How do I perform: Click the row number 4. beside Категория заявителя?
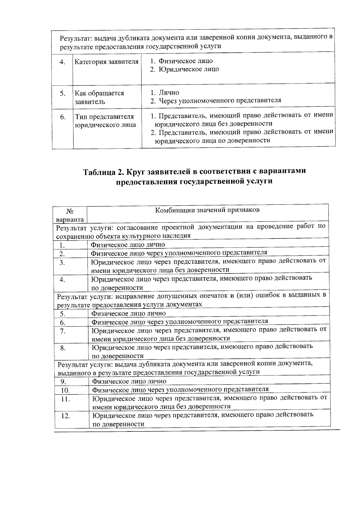pos(62,62)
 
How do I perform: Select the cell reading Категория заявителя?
pos(106,62)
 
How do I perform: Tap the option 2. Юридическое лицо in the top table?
pos(185,69)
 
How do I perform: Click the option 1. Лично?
pos(165,93)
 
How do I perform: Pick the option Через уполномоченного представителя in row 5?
pos(220,100)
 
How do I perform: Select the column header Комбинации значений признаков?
pos(207,210)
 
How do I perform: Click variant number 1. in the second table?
pos(63,245)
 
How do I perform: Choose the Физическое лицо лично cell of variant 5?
pos(129,314)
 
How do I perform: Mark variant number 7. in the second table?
pos(63,331)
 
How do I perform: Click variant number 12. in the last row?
pos(65,416)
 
